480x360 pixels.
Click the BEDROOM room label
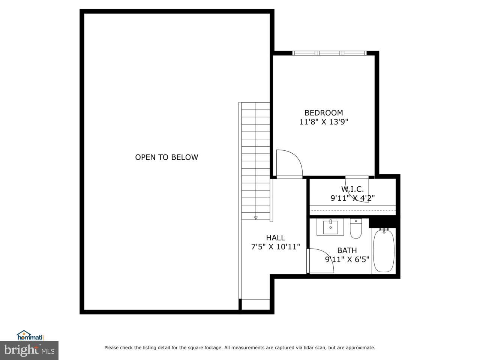point(323,112)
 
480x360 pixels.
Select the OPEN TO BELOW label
point(166,157)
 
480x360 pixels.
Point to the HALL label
point(275,237)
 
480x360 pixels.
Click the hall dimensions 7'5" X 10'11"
point(275,246)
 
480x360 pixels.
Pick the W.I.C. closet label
point(352,189)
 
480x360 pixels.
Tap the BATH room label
point(347,250)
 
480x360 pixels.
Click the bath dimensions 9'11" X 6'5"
point(347,259)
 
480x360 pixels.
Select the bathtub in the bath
point(383,250)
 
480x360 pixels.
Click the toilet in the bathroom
point(355,229)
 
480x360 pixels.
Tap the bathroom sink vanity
point(330,227)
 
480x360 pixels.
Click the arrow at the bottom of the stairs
point(256,217)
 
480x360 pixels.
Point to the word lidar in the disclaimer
point(309,348)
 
